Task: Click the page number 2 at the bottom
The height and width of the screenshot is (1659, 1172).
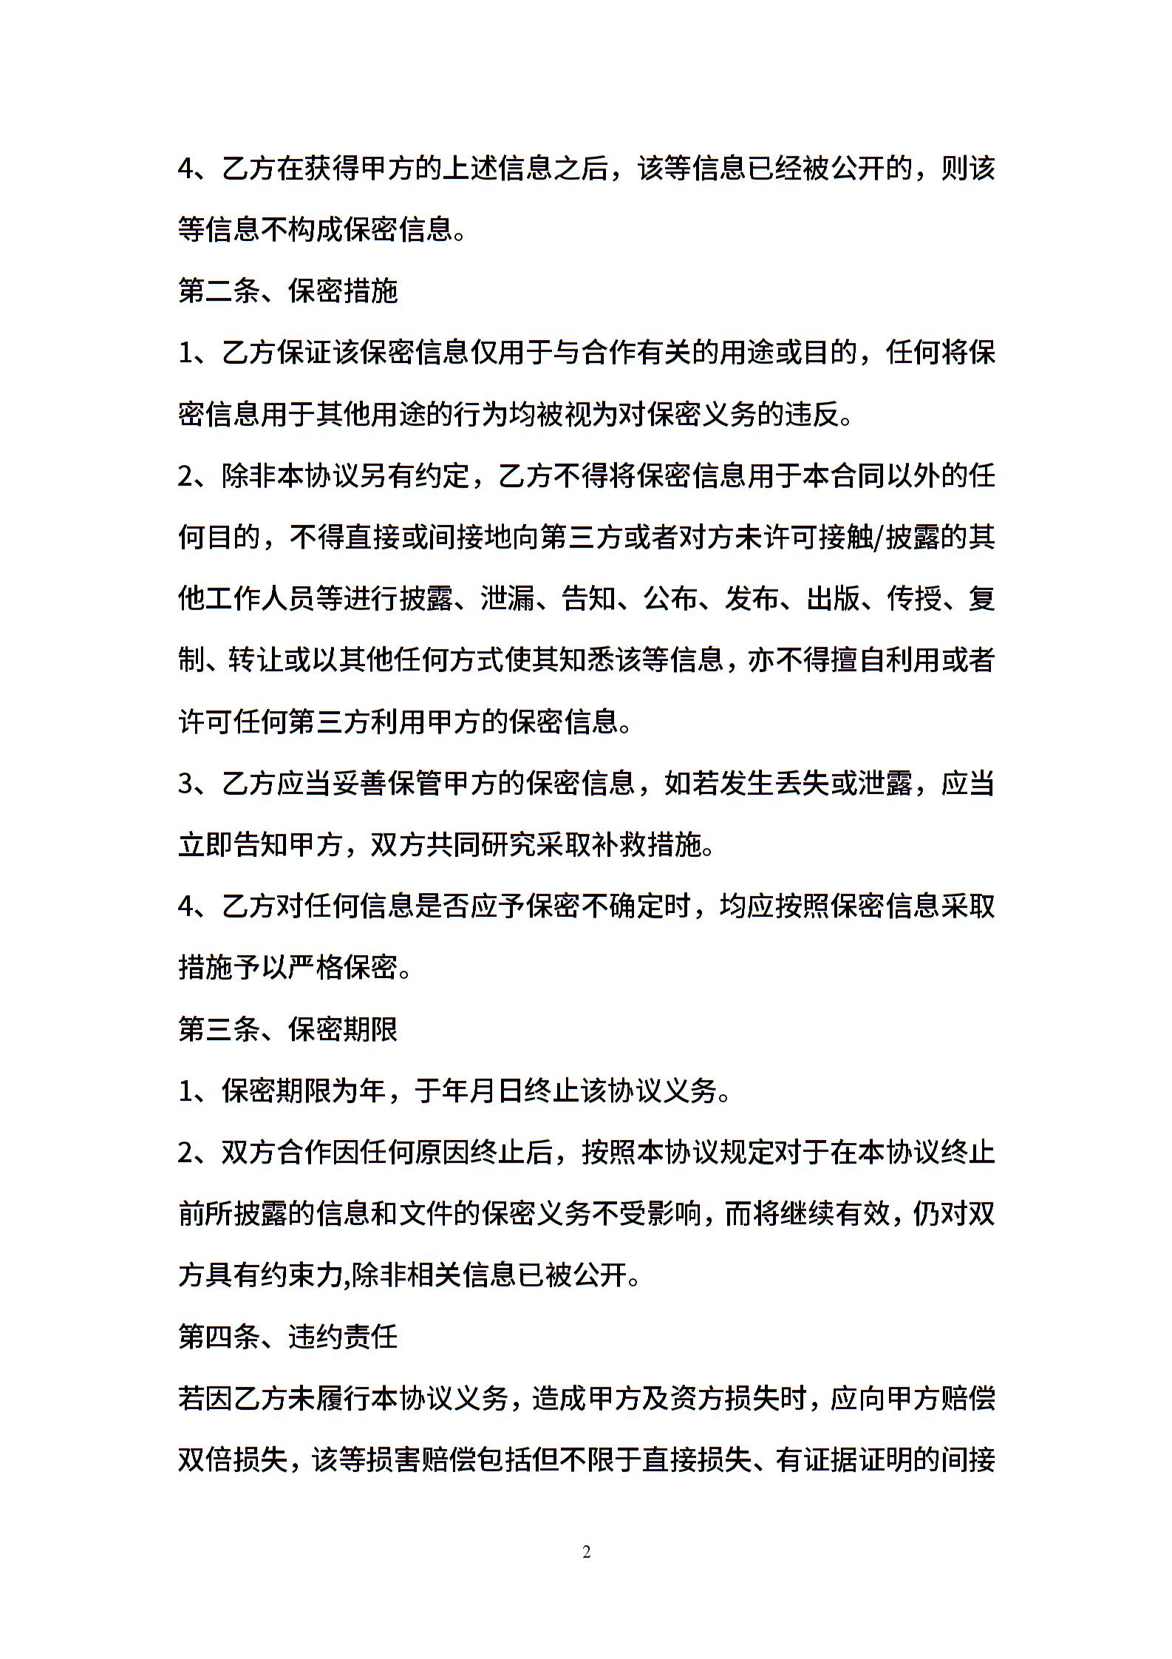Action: [x=586, y=1552]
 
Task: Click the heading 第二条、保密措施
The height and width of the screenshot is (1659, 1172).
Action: [x=288, y=291]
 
